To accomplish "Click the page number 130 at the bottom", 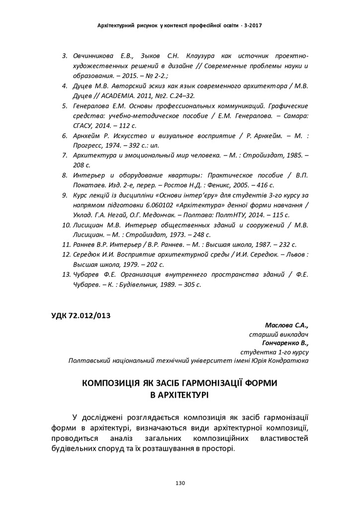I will click(x=180, y=483).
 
